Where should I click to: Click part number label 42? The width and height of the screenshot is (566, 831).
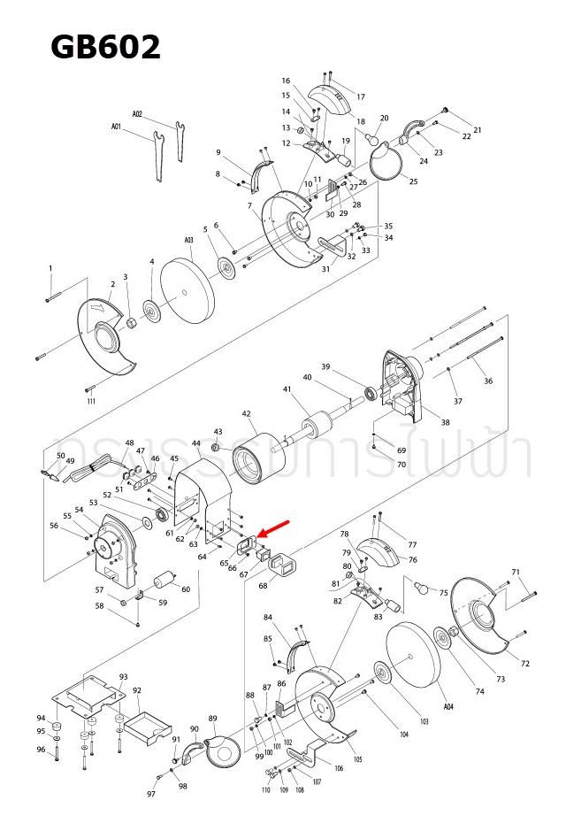click(x=247, y=413)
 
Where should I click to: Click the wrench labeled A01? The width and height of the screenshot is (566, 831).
click(x=157, y=156)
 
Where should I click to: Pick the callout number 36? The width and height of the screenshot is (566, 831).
click(x=488, y=381)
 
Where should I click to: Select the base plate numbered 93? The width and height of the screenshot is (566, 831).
click(x=89, y=694)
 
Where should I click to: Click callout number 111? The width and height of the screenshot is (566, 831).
click(x=91, y=402)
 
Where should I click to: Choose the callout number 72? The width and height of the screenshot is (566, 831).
click(x=524, y=664)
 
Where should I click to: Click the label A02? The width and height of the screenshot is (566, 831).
click(x=137, y=114)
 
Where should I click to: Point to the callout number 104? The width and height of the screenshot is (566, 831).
click(x=404, y=735)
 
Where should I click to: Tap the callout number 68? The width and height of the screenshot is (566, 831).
click(x=263, y=586)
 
